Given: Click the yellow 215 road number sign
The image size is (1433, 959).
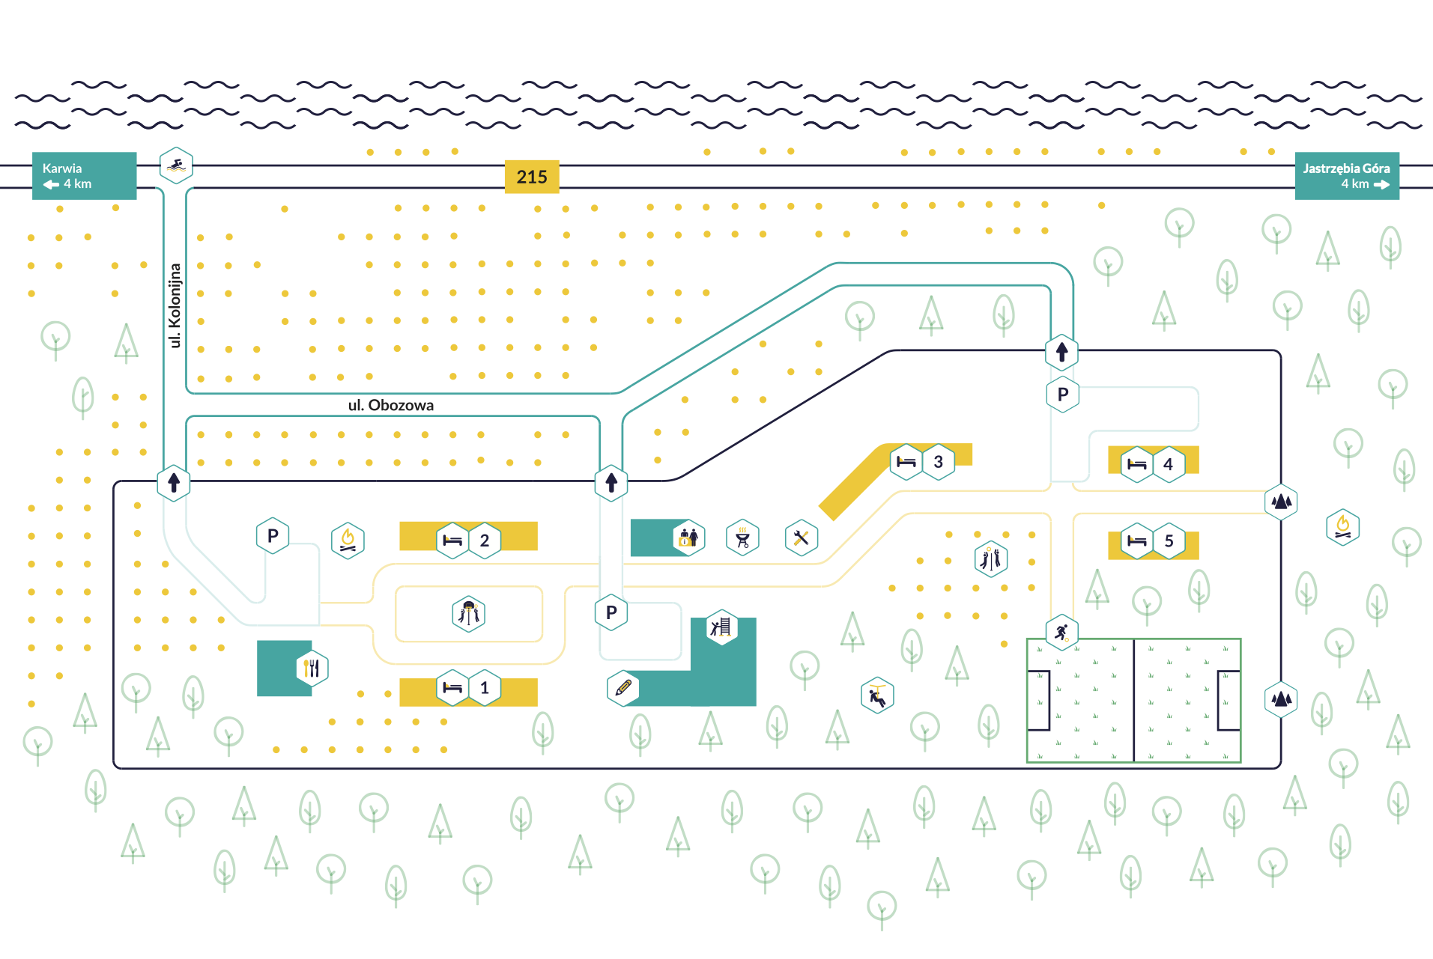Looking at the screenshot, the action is click(x=532, y=177).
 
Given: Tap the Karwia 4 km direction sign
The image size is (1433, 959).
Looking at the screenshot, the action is click(x=84, y=176).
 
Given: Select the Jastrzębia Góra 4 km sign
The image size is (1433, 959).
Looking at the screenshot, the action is click(x=1347, y=176).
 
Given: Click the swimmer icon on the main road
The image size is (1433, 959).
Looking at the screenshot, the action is click(x=176, y=165).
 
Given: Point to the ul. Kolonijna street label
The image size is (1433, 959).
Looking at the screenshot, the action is click(x=175, y=305).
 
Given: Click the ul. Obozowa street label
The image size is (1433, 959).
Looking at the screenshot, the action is click(x=390, y=405).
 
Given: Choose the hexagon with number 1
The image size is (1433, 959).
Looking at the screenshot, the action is click(x=485, y=688).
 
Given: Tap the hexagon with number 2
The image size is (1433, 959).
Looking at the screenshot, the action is click(x=485, y=541).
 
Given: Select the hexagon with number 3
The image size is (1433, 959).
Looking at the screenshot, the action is click(x=939, y=462).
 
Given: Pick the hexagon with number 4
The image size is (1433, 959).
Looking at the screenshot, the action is click(x=1169, y=464).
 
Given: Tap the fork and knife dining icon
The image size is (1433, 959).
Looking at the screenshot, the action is click(x=312, y=669).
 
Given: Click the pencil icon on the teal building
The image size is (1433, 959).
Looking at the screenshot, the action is click(x=623, y=688).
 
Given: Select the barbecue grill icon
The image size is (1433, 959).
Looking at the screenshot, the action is click(x=743, y=538).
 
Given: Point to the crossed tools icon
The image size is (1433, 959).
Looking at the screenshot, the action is click(x=802, y=538).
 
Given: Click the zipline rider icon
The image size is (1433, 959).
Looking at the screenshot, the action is click(x=877, y=695).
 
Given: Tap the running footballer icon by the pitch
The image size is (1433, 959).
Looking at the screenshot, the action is click(x=1061, y=633).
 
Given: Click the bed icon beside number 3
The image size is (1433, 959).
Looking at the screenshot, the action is click(x=906, y=462).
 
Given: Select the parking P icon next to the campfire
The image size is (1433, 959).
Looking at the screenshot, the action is click(x=273, y=536).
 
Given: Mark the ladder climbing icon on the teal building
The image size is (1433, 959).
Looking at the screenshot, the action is click(x=721, y=627).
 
